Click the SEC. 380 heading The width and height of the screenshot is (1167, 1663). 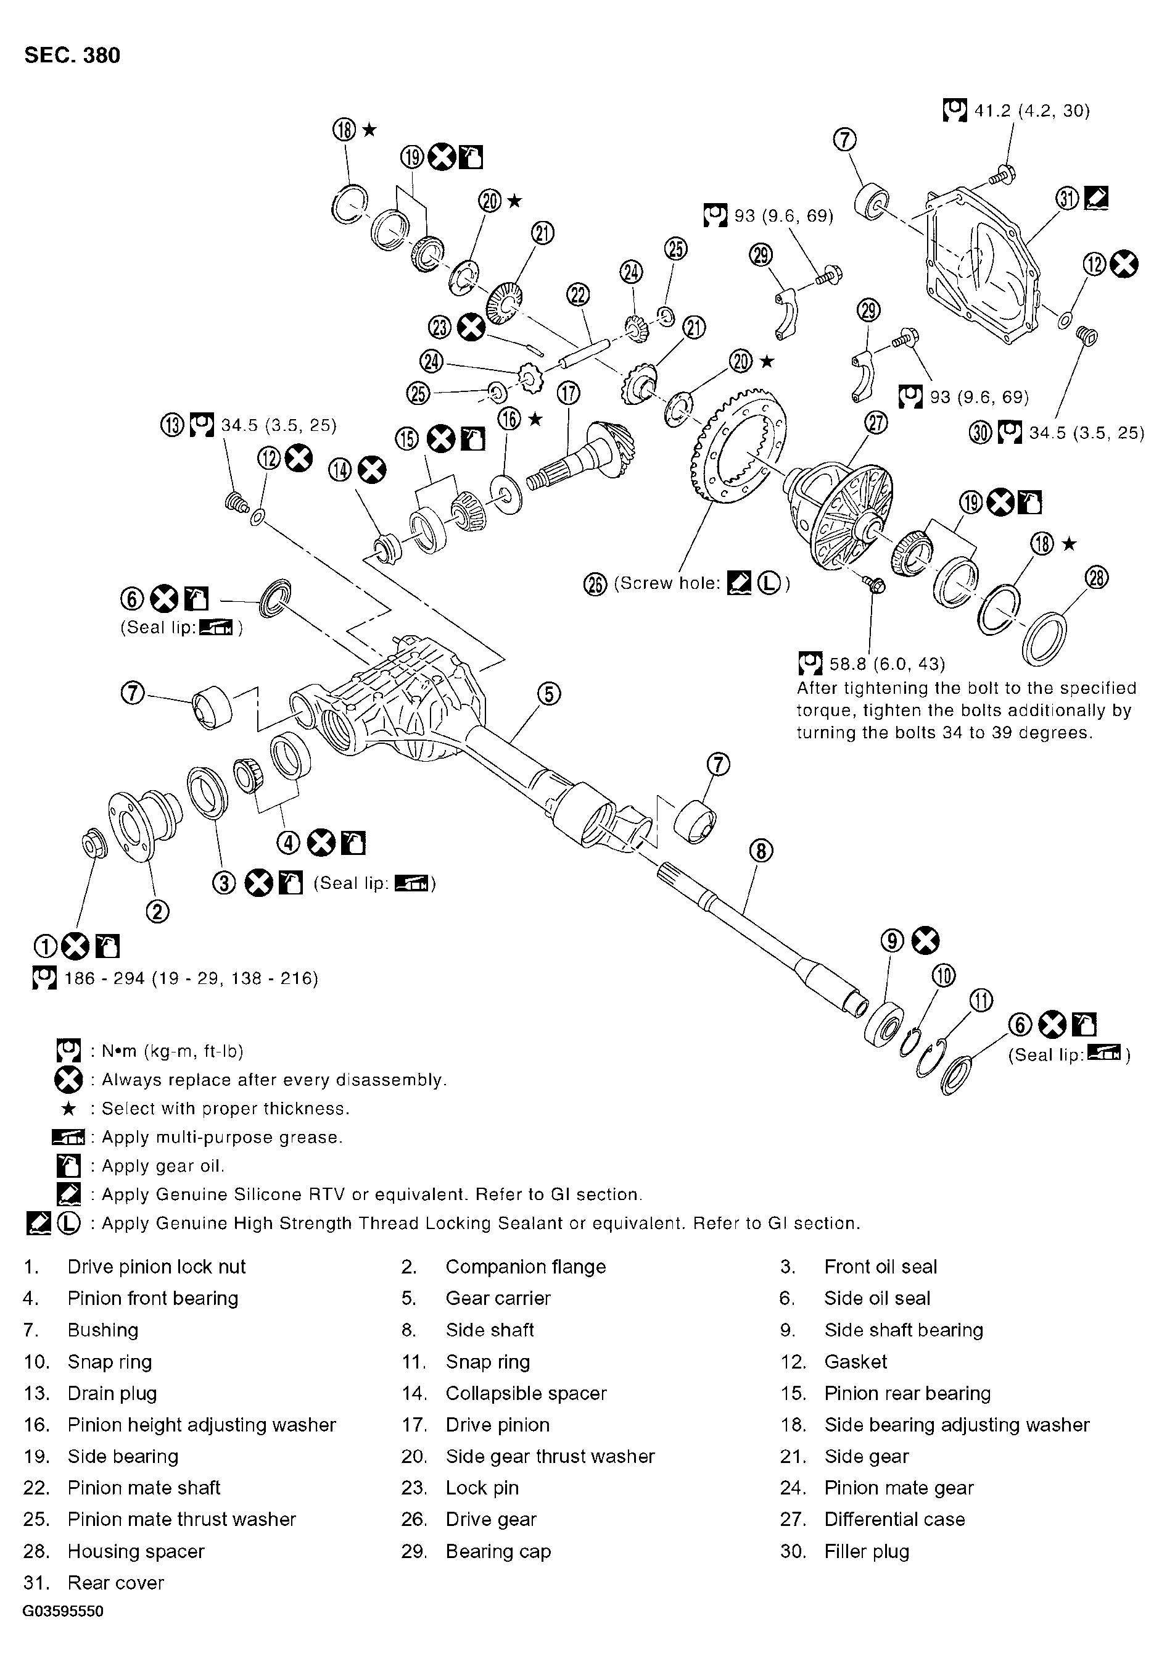pos(72,56)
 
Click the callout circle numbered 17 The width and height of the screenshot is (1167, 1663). pos(568,393)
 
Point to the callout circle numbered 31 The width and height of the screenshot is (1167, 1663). pos(1068,198)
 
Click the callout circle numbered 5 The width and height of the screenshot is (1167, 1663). pos(549,694)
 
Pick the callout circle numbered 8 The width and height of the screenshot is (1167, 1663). pos(761,851)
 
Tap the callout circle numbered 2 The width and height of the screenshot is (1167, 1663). pos(158,912)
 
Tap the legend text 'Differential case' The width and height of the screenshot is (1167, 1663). pos(894,1519)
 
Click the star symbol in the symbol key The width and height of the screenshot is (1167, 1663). pos(69,1108)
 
